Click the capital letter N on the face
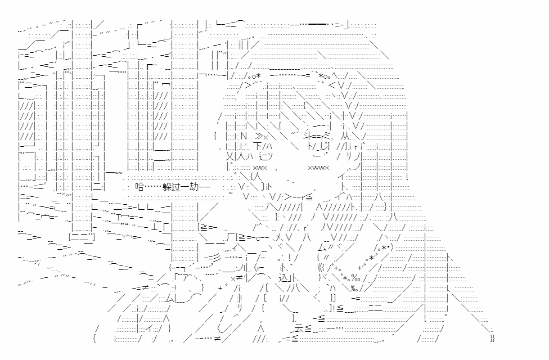(x=243, y=136)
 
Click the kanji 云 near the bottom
(x=299, y=329)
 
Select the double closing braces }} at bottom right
(x=492, y=338)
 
